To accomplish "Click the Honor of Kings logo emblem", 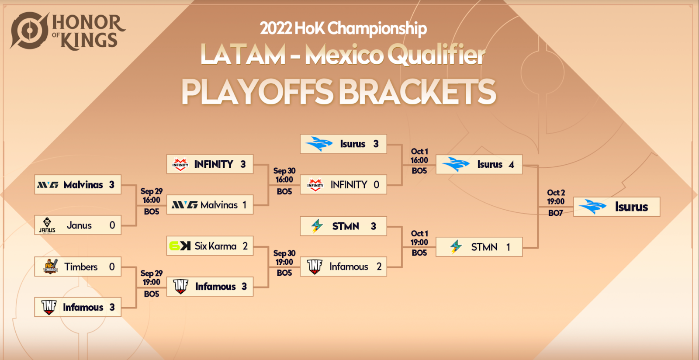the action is pyautogui.click(x=30, y=31).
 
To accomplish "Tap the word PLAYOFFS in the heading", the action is pyautogui.click(x=257, y=92).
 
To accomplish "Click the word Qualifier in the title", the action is pyautogui.click(x=436, y=54).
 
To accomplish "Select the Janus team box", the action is pyautogui.click(x=78, y=225).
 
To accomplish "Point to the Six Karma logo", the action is pyautogui.click(x=180, y=246).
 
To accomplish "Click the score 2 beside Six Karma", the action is pyautogui.click(x=245, y=246).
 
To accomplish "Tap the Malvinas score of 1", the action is pyautogui.click(x=245, y=205).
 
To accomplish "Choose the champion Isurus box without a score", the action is pyautogui.click(x=616, y=207).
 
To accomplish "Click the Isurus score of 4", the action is pyautogui.click(x=511, y=164).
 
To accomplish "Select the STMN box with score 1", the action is pyautogui.click(x=479, y=247).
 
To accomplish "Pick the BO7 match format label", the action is pyautogui.click(x=555, y=213).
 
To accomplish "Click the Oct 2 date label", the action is pyautogui.click(x=556, y=193).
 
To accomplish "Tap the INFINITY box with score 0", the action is pyautogui.click(x=343, y=184).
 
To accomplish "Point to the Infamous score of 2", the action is pyautogui.click(x=379, y=267).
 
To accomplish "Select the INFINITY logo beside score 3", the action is pyautogui.click(x=180, y=164).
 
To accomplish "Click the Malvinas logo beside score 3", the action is pyautogui.click(x=48, y=185).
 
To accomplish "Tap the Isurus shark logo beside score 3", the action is pyautogui.click(x=319, y=144).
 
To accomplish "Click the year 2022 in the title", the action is pyautogui.click(x=276, y=28).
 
